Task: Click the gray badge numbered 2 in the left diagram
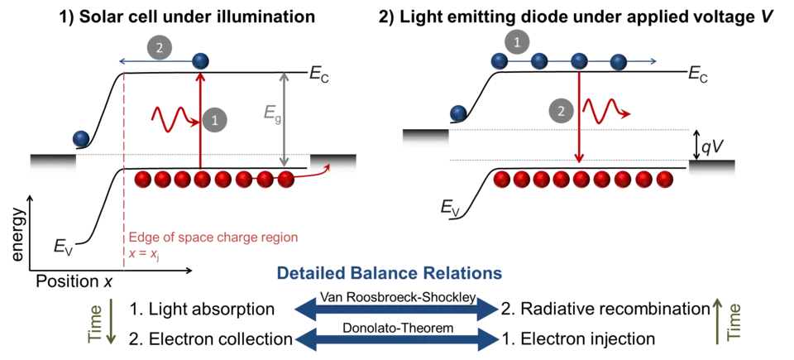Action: point(159,47)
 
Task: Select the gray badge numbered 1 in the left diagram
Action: point(215,121)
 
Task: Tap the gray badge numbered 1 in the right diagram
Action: point(518,42)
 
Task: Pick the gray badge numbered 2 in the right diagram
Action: point(561,112)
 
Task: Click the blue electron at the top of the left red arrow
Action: point(199,60)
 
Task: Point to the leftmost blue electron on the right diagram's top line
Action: point(499,60)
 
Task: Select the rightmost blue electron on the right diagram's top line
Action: point(619,60)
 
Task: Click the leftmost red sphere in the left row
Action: point(142,178)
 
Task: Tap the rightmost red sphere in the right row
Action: point(663,178)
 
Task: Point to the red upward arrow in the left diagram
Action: point(200,124)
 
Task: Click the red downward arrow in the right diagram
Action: point(580,124)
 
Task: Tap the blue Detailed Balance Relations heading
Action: point(388,273)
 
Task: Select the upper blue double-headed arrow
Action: point(396,310)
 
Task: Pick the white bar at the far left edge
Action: point(53,166)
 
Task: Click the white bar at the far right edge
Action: point(714,169)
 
